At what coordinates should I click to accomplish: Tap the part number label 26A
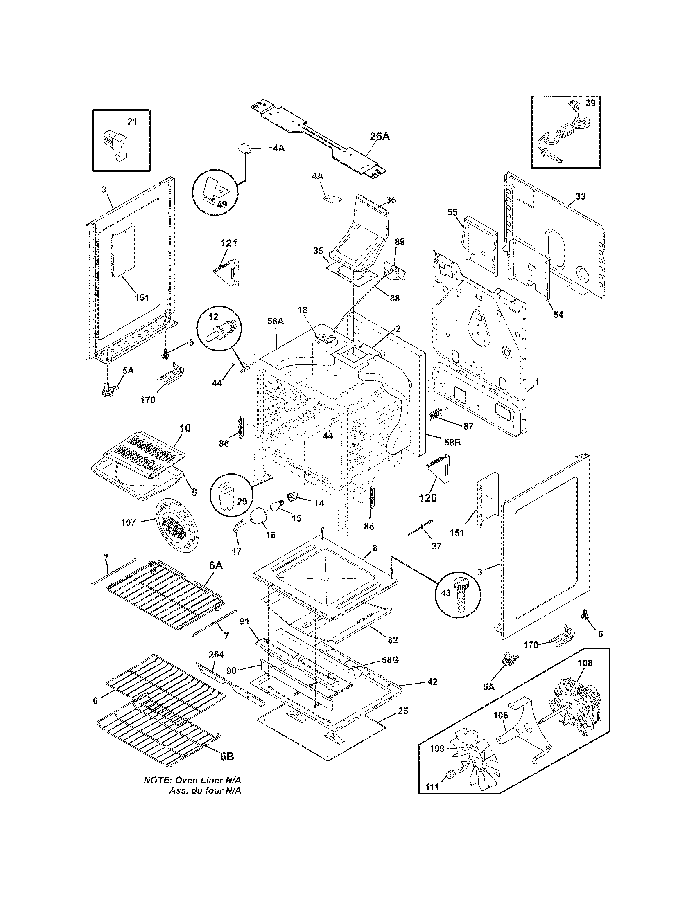380,136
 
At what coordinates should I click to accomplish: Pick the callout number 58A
276,321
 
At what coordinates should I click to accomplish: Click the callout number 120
428,498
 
